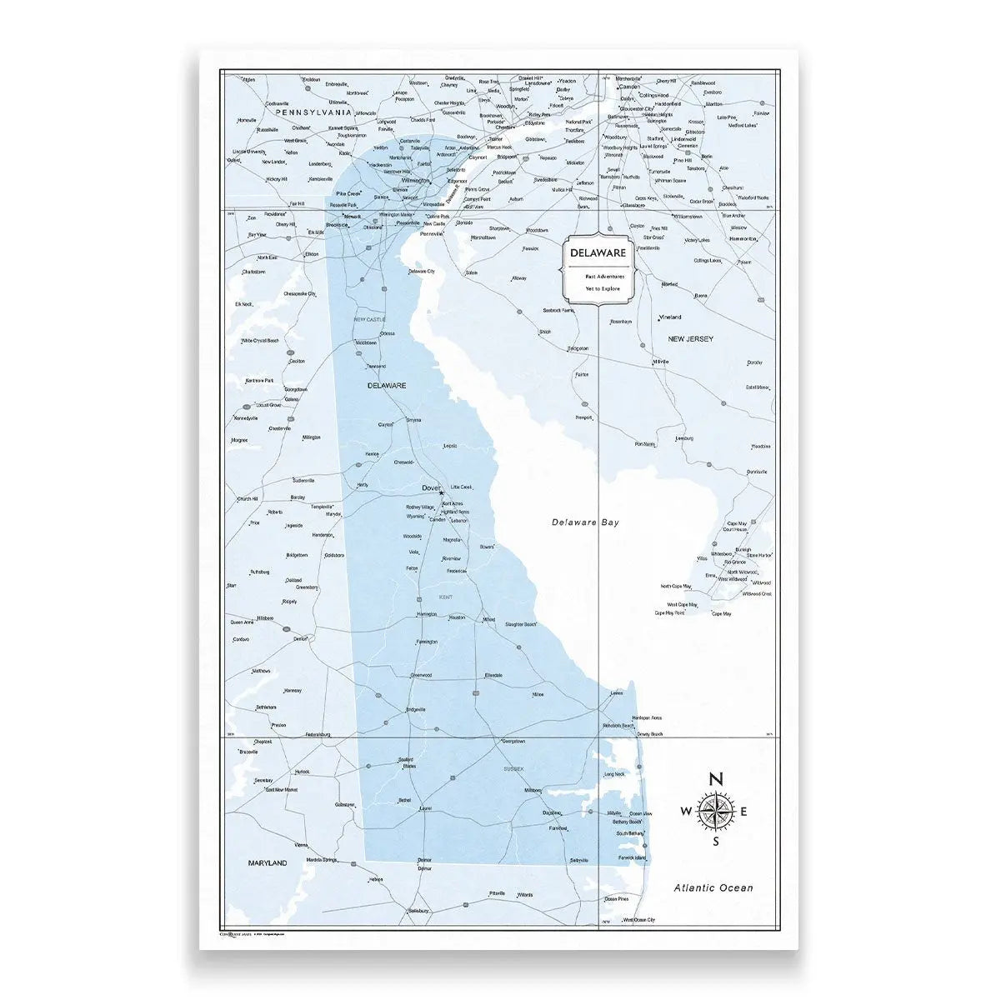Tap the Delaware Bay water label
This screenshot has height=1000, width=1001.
pos(586,522)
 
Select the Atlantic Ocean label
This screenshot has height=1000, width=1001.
pos(713,888)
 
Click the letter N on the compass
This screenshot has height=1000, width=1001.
pos(714,780)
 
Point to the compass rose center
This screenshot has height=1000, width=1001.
pos(714,812)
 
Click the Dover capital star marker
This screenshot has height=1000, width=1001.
pos(442,493)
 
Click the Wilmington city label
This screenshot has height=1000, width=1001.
pos(415,180)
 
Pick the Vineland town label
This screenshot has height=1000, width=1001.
pos(670,317)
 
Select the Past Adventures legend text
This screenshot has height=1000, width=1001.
pos(598,276)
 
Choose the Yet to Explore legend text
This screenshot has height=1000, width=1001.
pos(598,288)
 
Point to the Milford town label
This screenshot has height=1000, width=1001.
pos(488,620)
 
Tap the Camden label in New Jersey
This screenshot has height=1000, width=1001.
pos(629,86)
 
